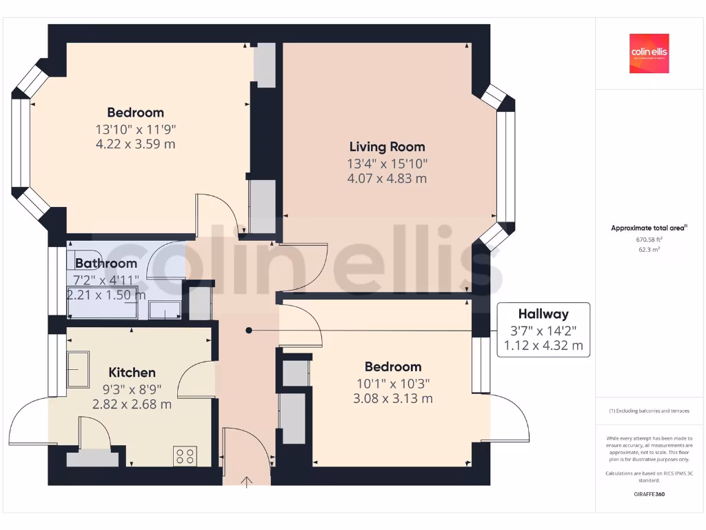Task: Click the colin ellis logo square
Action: pos(649,53)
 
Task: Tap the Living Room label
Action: pos(387,146)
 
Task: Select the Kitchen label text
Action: pos(132,373)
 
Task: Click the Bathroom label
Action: pos(106,263)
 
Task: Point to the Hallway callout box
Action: pos(543,330)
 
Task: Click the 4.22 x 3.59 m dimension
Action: pos(135,144)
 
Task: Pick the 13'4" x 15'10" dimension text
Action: pos(387,163)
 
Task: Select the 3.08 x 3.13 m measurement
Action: pos(393,398)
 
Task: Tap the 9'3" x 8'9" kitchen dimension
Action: pos(132,389)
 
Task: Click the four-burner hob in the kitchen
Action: pos(185,455)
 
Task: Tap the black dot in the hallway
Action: pos(250,331)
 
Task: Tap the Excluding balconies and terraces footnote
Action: pos(649,411)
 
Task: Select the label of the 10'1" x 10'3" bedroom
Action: pos(393,366)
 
